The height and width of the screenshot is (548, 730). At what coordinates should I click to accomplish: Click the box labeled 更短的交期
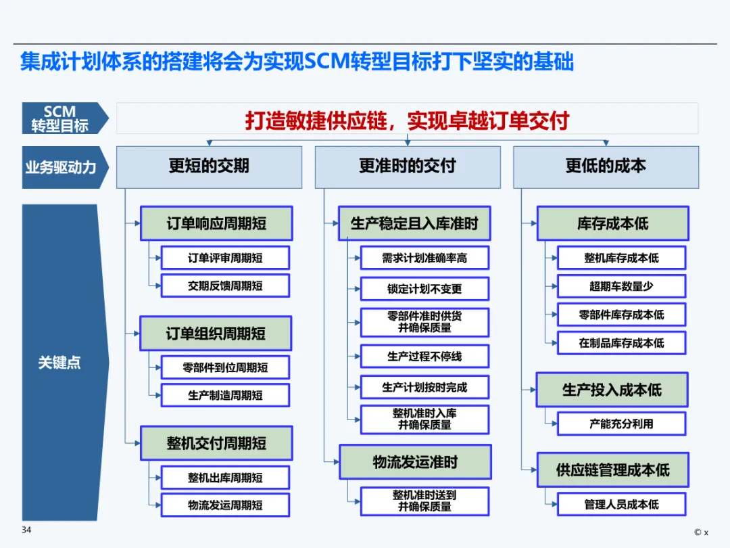(x=209, y=167)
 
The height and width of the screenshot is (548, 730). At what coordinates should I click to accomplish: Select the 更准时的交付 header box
(x=408, y=167)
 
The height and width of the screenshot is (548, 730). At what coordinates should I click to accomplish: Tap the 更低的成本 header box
(x=606, y=167)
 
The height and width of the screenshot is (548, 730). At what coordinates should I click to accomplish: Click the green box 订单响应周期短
(x=216, y=223)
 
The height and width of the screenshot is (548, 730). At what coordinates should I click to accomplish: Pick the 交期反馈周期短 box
(x=225, y=286)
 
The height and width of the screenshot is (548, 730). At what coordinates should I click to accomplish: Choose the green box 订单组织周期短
(x=216, y=333)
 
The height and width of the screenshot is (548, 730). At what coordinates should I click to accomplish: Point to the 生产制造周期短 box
(x=225, y=395)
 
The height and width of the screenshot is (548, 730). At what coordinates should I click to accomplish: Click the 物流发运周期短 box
(x=225, y=505)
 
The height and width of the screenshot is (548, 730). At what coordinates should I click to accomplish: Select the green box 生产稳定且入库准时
(x=414, y=223)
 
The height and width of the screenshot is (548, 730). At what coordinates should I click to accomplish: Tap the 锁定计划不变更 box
(x=424, y=289)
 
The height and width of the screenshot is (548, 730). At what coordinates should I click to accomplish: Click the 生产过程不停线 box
(x=424, y=357)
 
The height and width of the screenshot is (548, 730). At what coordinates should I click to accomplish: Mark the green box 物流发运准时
(x=415, y=462)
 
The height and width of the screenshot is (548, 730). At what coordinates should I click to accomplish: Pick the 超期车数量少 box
(x=622, y=286)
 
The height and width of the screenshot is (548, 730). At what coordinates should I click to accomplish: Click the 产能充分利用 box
(x=622, y=424)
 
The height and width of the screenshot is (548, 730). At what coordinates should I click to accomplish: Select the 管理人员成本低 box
(x=622, y=504)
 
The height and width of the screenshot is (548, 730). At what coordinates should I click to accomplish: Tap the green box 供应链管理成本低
(x=612, y=470)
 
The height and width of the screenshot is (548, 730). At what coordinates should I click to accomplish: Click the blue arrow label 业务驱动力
(x=61, y=167)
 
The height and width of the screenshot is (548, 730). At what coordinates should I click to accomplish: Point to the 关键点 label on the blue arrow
(x=59, y=362)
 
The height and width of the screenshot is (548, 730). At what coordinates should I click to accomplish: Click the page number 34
(x=26, y=530)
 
